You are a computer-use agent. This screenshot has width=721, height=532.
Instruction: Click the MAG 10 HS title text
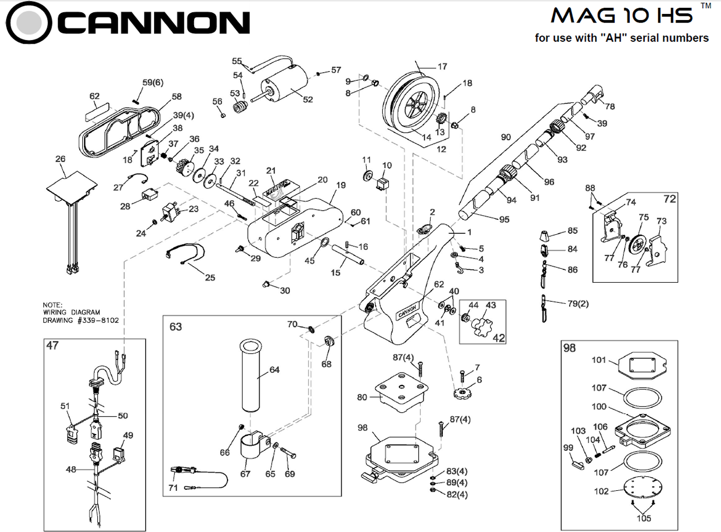(622, 15)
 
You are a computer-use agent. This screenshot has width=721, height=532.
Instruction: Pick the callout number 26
(60, 159)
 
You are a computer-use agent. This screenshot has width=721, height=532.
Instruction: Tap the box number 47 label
(53, 346)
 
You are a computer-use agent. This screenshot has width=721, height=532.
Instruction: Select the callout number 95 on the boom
(504, 220)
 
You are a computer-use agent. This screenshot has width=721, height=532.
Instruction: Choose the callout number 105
(643, 518)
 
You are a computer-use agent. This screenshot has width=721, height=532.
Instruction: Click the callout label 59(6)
(153, 82)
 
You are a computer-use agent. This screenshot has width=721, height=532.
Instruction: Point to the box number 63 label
(176, 327)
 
